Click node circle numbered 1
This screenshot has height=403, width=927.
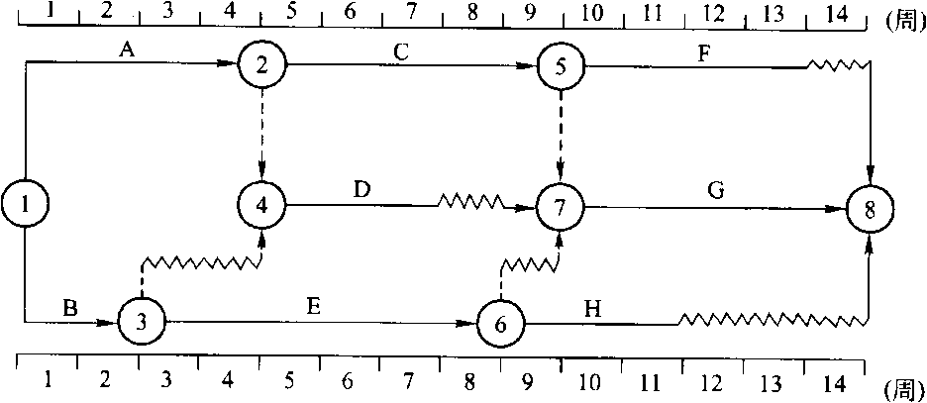tap(24, 205)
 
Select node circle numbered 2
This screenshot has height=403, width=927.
tap(261, 65)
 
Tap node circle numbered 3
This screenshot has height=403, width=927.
tap(142, 321)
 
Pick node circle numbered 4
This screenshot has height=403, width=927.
tap(261, 205)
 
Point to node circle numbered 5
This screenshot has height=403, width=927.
tap(561, 66)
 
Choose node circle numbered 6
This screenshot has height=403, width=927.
tap(501, 322)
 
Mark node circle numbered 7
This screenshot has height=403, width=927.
tap(561, 207)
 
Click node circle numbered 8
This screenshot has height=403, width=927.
tap(871, 209)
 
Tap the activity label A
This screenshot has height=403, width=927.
tap(126, 51)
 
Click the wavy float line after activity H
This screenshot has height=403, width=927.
tap(772, 320)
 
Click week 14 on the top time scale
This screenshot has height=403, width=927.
tap(835, 12)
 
